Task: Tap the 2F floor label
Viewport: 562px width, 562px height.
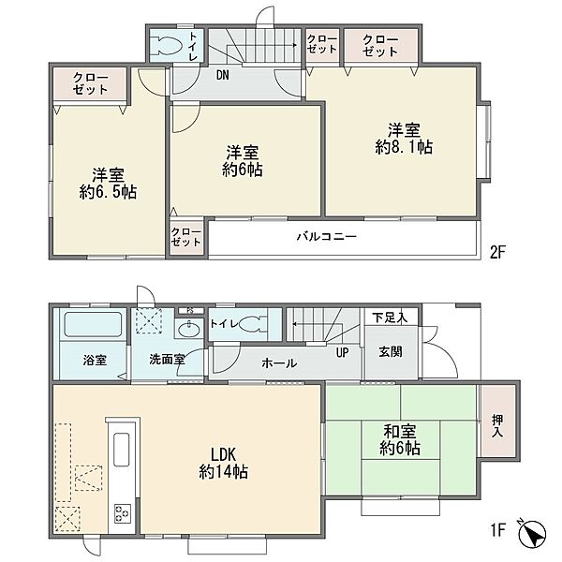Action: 497,253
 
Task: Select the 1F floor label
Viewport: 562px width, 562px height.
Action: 497,530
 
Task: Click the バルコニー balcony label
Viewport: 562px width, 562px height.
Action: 327,237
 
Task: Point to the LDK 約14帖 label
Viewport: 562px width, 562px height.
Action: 223,463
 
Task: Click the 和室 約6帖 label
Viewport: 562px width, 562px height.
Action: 400,439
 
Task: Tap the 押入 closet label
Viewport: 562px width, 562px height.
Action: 497,425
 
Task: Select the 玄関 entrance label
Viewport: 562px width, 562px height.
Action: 391,351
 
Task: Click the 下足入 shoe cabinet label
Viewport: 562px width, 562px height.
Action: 390,318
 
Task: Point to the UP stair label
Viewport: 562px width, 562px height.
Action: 342,353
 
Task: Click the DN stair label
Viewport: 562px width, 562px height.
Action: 223,75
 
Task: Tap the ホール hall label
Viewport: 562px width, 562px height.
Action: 279,363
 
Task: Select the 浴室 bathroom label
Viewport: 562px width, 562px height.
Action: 95,360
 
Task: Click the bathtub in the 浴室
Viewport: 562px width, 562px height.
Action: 93,324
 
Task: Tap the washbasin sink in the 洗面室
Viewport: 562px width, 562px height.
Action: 189,330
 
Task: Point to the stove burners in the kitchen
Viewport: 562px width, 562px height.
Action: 122,514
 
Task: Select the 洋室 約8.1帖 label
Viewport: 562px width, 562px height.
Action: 404,139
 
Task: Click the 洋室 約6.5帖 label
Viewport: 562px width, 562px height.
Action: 108,184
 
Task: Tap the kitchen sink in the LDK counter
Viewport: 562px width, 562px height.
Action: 121,450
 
